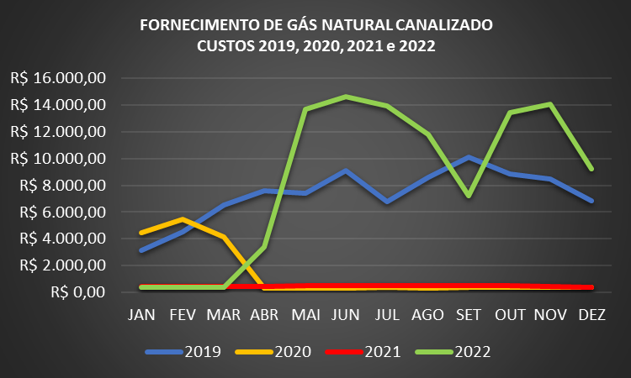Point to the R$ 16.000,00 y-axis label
(x=58, y=78)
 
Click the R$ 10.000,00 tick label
(x=58, y=159)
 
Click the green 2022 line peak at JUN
(x=347, y=97)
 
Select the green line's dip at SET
(x=468, y=196)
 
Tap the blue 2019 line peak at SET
(x=469, y=157)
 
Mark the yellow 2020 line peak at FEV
(x=183, y=219)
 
